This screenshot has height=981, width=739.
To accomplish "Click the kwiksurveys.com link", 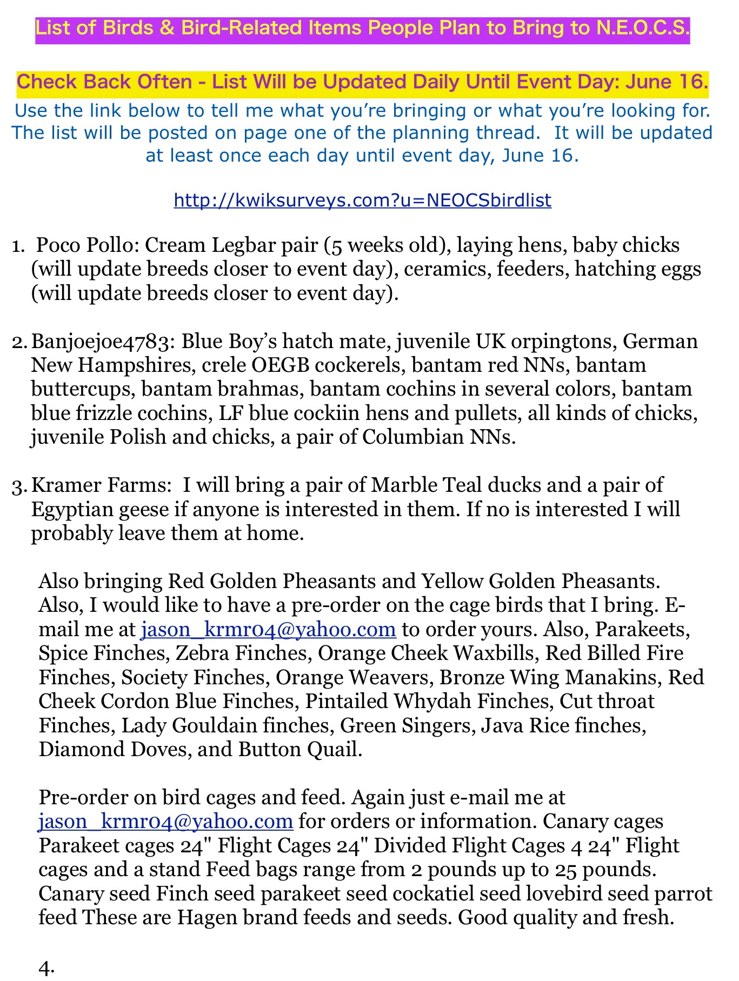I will [362, 201].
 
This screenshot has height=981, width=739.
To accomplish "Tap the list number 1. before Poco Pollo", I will [18, 246].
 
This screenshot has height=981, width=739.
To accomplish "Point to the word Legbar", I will [239, 245].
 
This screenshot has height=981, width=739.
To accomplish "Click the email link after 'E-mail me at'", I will [268, 629].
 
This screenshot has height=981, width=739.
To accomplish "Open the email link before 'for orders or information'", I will [165, 822].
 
